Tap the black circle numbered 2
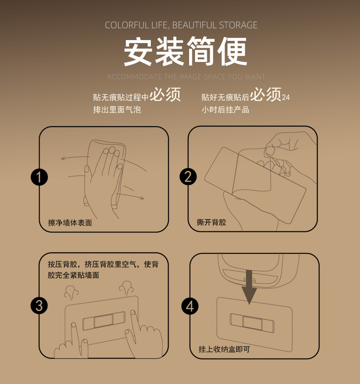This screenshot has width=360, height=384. pyautogui.click(x=188, y=176)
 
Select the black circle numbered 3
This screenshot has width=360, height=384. pyautogui.click(x=39, y=305)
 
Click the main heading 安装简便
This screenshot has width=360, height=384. pyautogui.click(x=185, y=51)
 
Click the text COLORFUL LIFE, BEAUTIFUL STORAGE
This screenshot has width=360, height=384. pyautogui.click(x=181, y=25)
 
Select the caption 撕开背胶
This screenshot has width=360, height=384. pyautogui.click(x=211, y=222)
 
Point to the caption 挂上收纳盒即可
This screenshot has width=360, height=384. pyautogui.click(x=224, y=349)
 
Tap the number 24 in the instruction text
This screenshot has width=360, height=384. pyautogui.click(x=286, y=97)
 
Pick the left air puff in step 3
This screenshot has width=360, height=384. pyautogui.click(x=71, y=292)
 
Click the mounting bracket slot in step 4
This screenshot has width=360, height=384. pyautogui.click(x=252, y=322)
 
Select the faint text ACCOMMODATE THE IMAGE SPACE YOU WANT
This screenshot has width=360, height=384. pyautogui.click(x=186, y=77)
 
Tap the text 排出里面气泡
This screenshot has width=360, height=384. pyautogui.click(x=117, y=110)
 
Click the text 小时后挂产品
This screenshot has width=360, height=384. pyautogui.click(x=226, y=110)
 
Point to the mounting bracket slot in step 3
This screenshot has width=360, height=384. pyautogui.click(x=104, y=322)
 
